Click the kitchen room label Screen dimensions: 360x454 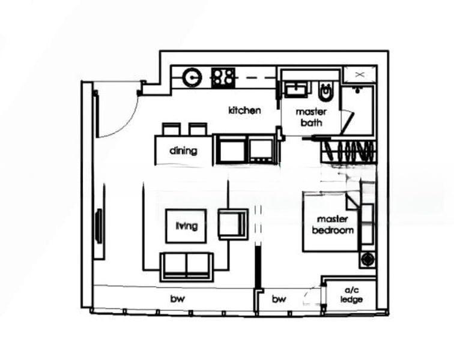pos(244,110)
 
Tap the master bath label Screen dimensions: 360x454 pos(312,117)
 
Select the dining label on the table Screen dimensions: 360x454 pos(183,151)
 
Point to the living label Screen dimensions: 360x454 pos(186,226)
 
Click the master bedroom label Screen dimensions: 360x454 pos(333,224)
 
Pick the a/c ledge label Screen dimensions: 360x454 pos(351,295)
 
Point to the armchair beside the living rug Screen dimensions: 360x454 pos(232,224)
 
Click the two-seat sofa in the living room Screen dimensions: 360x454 pos(186,266)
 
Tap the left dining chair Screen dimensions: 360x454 pos(171,129)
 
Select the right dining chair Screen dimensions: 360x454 pos(198,129)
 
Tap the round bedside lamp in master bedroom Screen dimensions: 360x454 pos(366,260)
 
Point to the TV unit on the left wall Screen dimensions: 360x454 pos(98,225)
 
